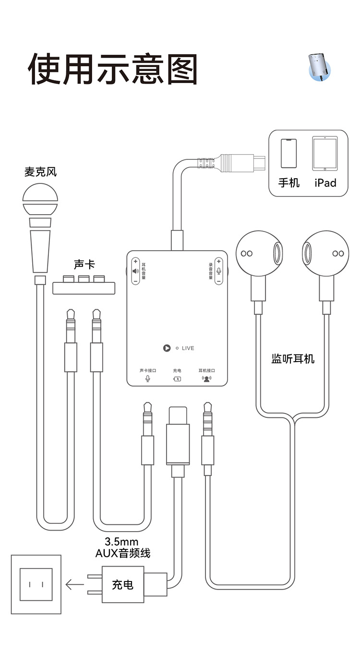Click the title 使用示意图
pos(113,69)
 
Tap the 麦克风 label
pos(40,171)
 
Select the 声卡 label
pos(84,265)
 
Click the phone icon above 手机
pos(289,153)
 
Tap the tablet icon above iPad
pos(325,153)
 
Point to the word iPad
pos(325,183)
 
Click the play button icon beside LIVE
pos(167,348)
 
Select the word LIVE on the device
pos(188,348)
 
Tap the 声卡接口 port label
pos(147,371)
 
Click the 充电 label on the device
pos(177,371)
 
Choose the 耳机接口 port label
pos(207,371)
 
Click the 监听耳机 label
pos(293,358)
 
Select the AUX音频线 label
pos(123,553)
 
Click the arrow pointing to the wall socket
pos(74,584)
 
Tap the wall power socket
pos(36,584)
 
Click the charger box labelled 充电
pos(123,584)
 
